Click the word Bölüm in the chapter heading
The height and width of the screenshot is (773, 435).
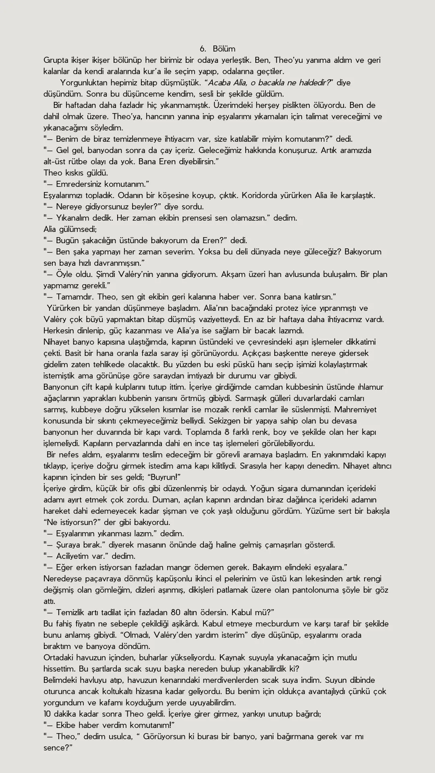224,49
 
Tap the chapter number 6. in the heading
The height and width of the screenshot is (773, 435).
203,49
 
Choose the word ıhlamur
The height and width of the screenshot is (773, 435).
371,387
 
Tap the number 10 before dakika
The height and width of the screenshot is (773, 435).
48,714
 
